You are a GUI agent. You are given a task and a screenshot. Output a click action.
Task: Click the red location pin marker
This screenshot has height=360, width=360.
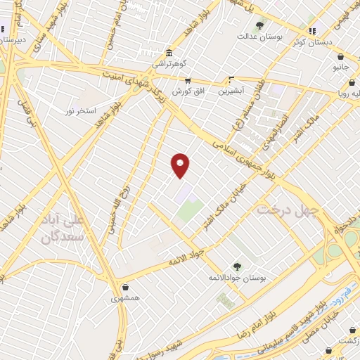[x=181, y=165]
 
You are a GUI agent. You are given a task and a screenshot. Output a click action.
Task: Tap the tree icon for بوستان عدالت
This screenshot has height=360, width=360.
[x=260, y=25]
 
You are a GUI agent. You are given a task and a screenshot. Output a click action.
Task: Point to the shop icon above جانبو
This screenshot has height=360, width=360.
[x=340, y=57]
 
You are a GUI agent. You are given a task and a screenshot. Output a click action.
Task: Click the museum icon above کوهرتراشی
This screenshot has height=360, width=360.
[x=168, y=53]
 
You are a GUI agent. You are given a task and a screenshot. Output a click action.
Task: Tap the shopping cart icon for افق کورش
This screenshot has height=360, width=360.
[x=187, y=81]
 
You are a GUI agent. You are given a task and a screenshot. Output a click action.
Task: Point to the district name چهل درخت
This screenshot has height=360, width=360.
[x=288, y=210]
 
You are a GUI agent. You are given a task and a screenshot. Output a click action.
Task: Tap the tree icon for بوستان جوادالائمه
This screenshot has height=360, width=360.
[x=236, y=266]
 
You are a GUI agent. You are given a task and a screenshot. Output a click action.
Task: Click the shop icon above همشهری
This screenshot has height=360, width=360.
[x=125, y=287]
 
